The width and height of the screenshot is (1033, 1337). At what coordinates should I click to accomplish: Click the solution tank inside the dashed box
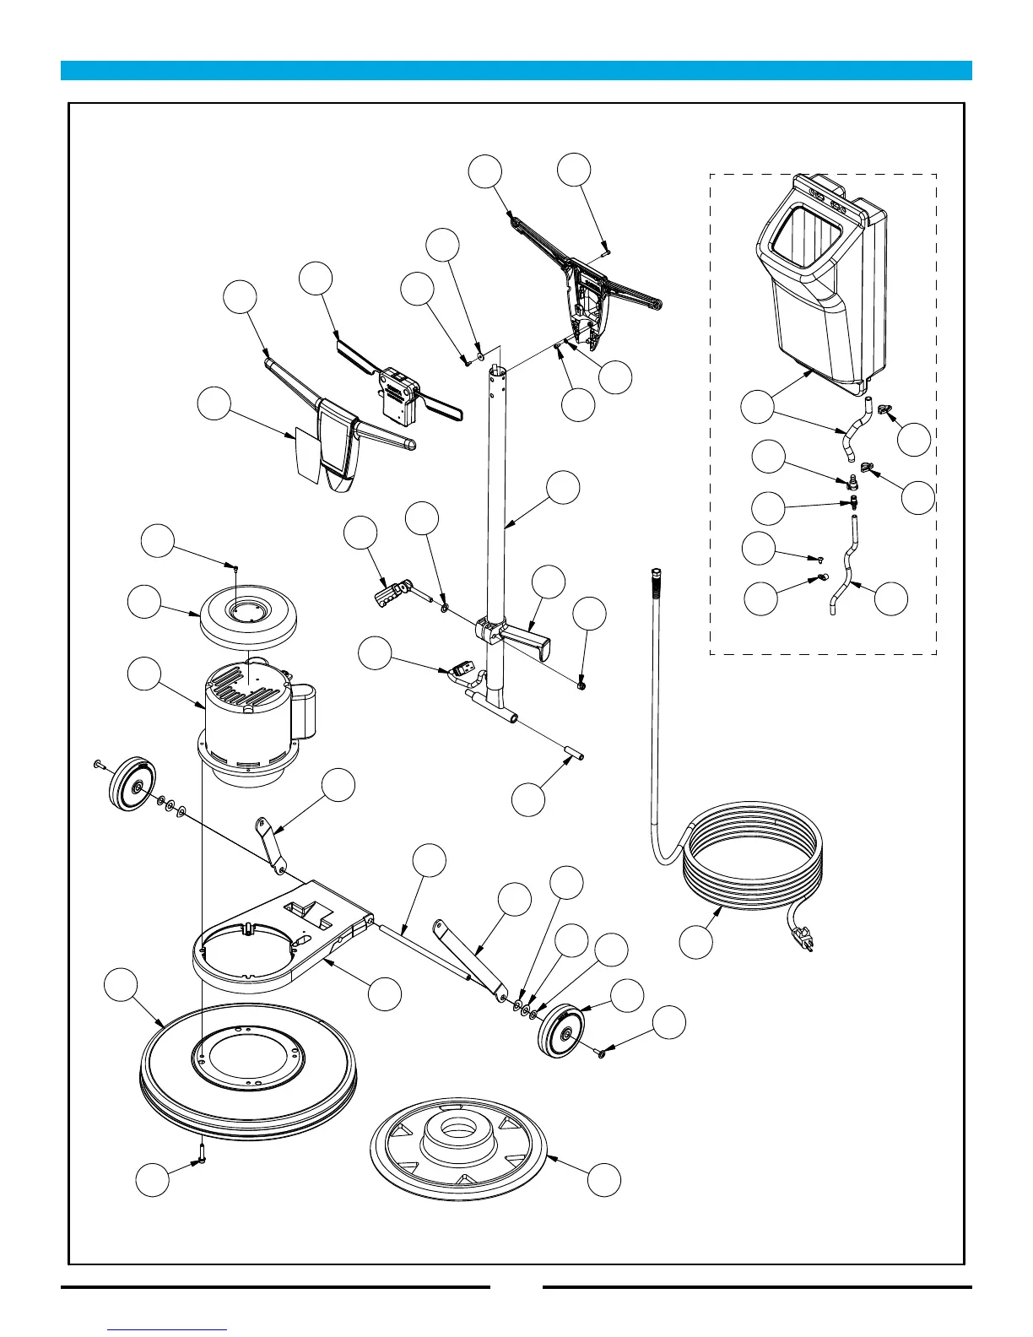tap(823, 287)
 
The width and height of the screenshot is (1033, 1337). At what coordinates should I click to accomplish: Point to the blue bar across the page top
tap(516, 70)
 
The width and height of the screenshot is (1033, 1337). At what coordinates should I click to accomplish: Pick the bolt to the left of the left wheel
tap(98, 764)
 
